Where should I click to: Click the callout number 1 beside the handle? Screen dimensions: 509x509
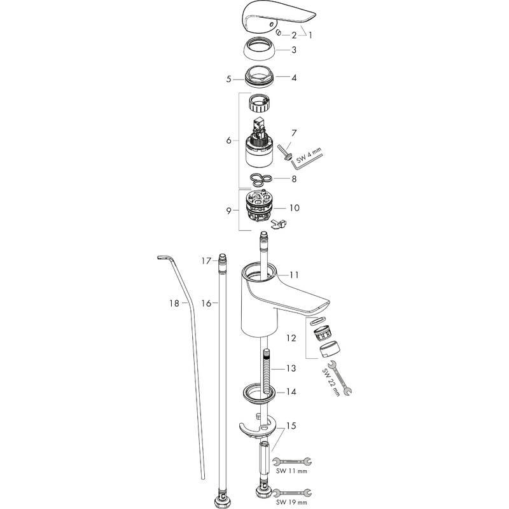pyautogui.click(x=310, y=35)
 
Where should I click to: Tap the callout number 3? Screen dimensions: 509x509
pyautogui.click(x=294, y=50)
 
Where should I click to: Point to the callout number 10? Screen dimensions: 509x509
pyautogui.click(x=295, y=208)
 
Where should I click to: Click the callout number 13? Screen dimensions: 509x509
pyautogui.click(x=291, y=368)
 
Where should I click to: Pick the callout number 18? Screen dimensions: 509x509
pyautogui.click(x=175, y=304)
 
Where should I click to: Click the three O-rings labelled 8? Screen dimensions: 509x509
pyautogui.click(x=260, y=179)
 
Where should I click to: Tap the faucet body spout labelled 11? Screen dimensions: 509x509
pyautogui.click(x=267, y=299)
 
